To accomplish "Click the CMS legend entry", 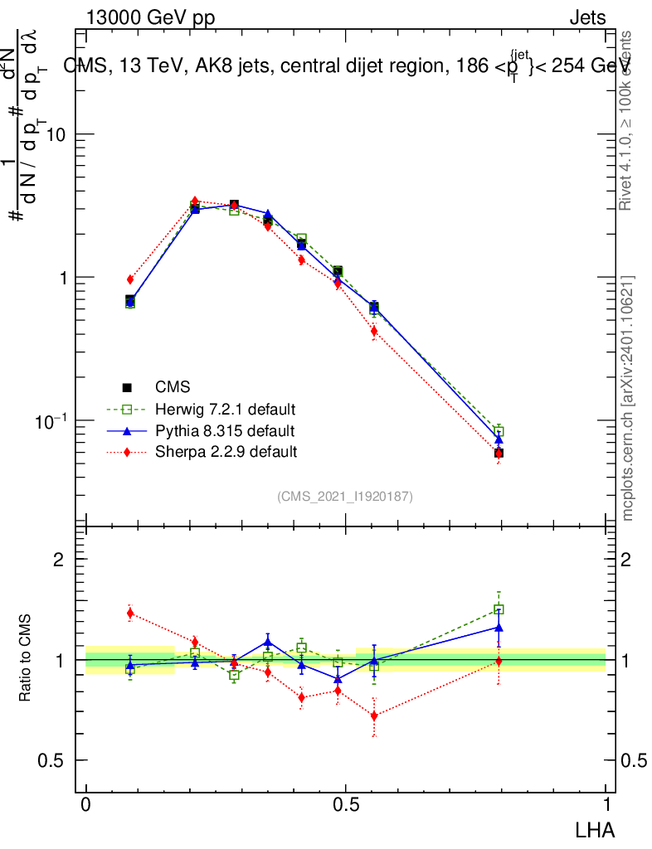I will (x=173, y=387).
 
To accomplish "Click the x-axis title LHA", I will (x=596, y=828).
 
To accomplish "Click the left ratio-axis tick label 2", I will (x=59, y=560).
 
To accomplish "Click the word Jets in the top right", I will (x=587, y=18).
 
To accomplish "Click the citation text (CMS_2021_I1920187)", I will (x=345, y=497).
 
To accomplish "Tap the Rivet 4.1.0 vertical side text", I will (x=627, y=120).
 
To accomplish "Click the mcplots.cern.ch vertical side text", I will (x=628, y=398).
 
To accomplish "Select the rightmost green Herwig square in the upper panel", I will (x=499, y=431).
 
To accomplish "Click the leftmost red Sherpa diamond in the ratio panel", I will (x=130, y=614).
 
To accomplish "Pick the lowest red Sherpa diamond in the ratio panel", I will (x=374, y=716).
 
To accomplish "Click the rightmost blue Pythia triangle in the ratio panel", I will (x=499, y=628).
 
